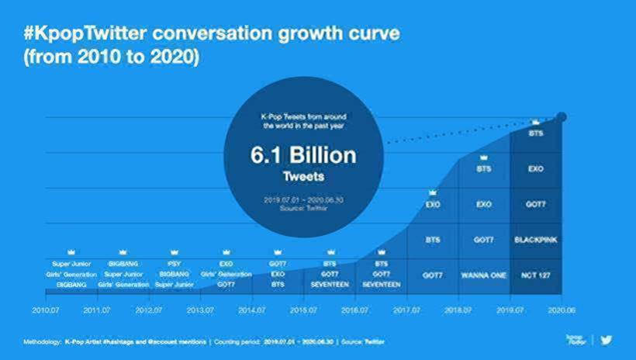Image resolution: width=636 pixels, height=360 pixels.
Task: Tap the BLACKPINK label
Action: pos(536,240)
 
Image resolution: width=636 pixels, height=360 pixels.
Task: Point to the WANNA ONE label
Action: pos(484,275)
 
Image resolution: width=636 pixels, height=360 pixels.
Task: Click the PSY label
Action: pos(174,264)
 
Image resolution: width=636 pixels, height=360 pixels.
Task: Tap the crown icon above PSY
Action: pos(174,252)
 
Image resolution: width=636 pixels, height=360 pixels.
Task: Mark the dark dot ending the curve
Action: pos(562,117)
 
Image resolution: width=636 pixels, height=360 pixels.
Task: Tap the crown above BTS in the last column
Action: pos(536,122)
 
